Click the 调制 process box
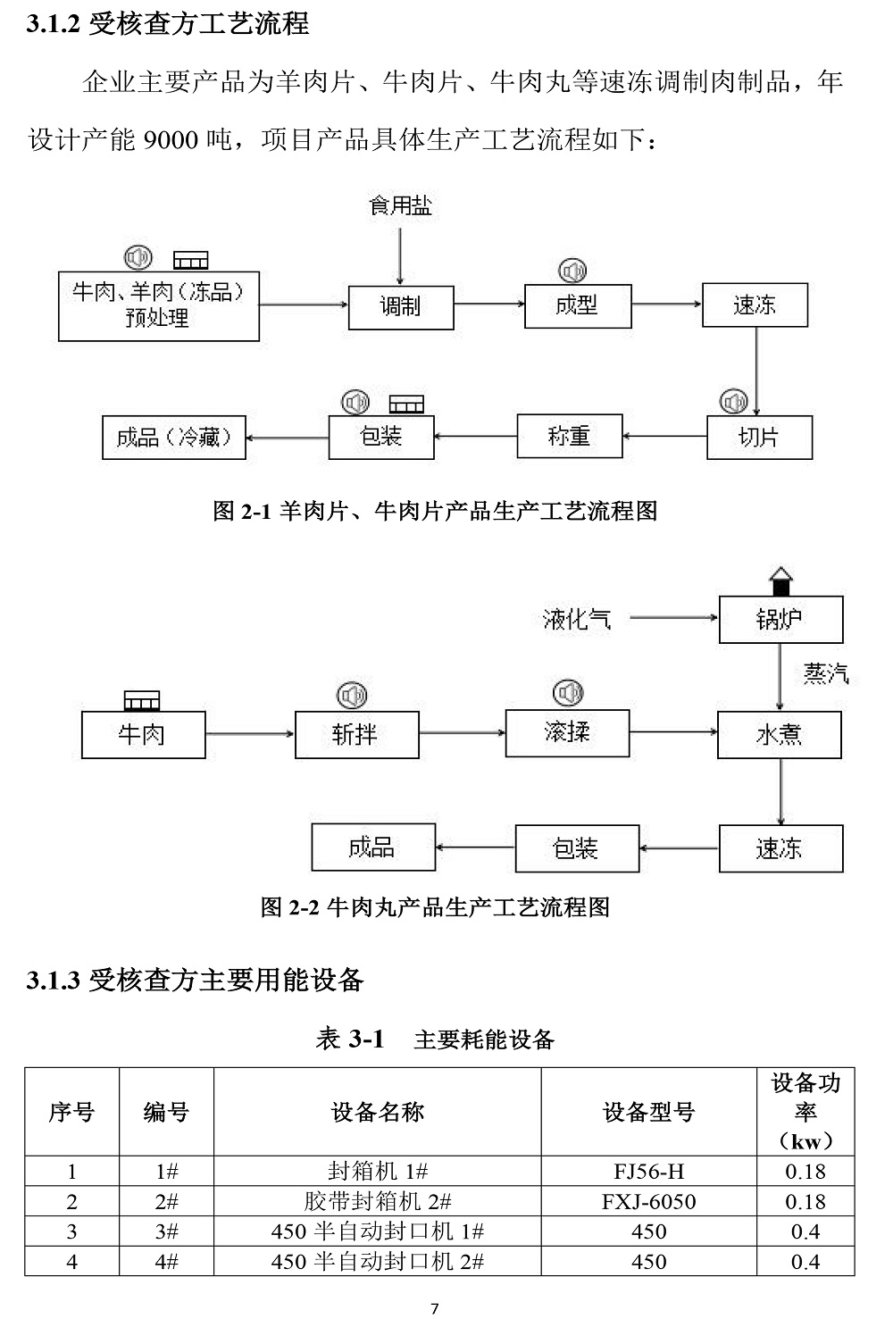click(x=400, y=307)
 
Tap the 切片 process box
click(x=758, y=438)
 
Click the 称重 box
click(x=569, y=437)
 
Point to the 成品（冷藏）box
click(x=174, y=438)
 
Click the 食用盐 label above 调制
click(x=400, y=206)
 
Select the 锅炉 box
click(x=780, y=620)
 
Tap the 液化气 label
click(x=577, y=619)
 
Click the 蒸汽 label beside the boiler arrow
click(x=825, y=673)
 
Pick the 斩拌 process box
click(x=356, y=735)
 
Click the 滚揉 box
click(x=567, y=733)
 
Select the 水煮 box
click(x=779, y=735)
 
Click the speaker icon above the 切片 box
click(x=733, y=401)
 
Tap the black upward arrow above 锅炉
click(x=780, y=580)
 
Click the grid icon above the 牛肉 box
click(x=141, y=700)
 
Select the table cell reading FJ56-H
click(x=648, y=1172)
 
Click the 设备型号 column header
click(x=648, y=1112)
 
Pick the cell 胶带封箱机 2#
click(x=377, y=1201)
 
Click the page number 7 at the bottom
click(x=435, y=1308)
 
